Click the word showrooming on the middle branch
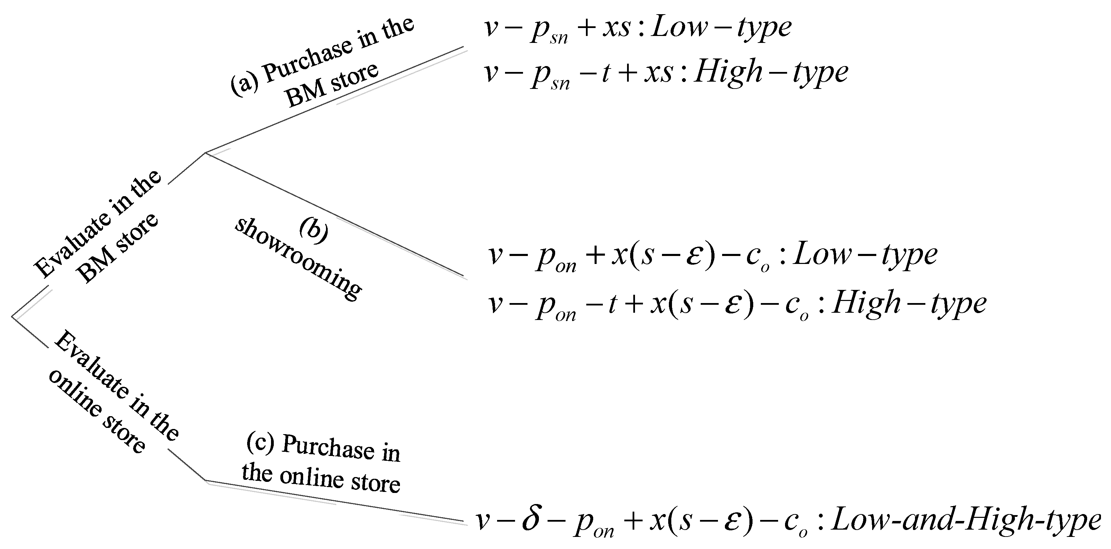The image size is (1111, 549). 298,259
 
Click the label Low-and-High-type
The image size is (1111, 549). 966,520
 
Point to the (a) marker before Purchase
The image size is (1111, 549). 244,81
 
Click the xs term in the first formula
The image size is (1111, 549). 617,28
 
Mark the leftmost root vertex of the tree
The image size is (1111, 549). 12,318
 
